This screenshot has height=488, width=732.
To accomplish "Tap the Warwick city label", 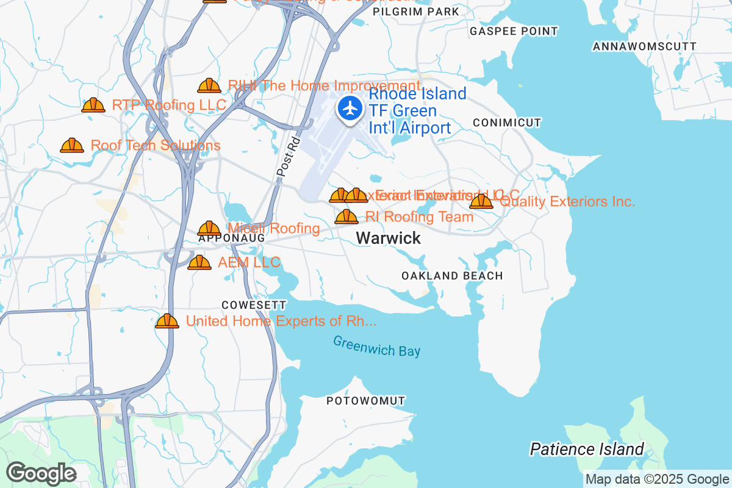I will [x=389, y=238].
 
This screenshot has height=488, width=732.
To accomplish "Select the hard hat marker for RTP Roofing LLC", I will [x=93, y=106].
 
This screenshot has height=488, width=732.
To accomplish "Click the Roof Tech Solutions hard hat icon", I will [x=72, y=146].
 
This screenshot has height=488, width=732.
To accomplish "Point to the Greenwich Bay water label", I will [x=377, y=346].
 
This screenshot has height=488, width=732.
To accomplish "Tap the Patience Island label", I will [x=586, y=450].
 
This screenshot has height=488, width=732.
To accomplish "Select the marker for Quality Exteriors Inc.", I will [x=481, y=201].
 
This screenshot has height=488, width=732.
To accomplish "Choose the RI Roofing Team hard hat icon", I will [x=346, y=217].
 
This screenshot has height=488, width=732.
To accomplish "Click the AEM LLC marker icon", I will [x=199, y=263].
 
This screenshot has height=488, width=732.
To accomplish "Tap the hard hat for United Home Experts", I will [x=167, y=321].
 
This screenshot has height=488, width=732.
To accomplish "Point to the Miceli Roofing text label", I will [x=274, y=228].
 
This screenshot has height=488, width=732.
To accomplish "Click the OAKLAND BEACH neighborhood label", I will [x=452, y=276].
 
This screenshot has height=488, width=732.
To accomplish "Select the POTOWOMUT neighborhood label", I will [x=365, y=401].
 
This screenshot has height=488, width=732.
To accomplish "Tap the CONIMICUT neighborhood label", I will [x=507, y=123].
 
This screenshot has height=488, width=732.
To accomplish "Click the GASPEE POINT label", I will [x=514, y=31].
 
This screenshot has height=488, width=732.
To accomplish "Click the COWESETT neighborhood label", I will [x=254, y=304].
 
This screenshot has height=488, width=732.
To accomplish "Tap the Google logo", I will [x=41, y=473].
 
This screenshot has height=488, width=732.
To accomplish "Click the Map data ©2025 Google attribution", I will [x=657, y=479].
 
